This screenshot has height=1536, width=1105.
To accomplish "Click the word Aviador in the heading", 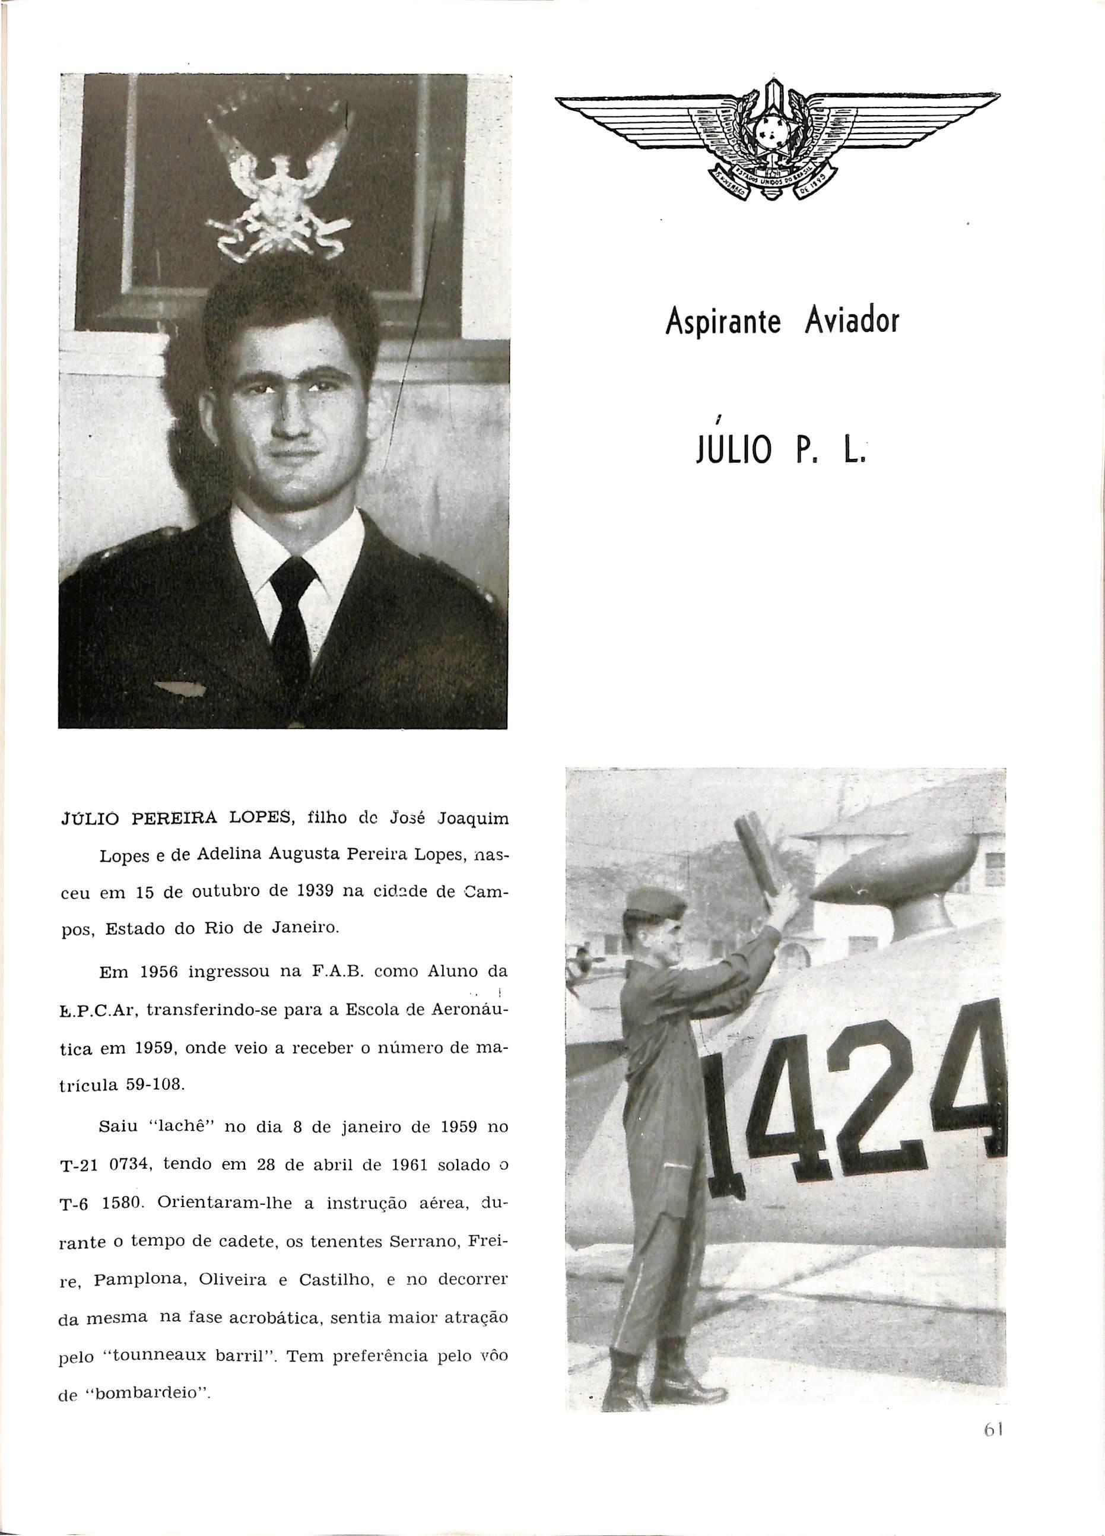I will click(x=851, y=322).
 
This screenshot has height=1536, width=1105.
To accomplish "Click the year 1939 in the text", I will click(x=314, y=891).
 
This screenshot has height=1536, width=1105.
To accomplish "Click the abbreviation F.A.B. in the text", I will click(x=336, y=970).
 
